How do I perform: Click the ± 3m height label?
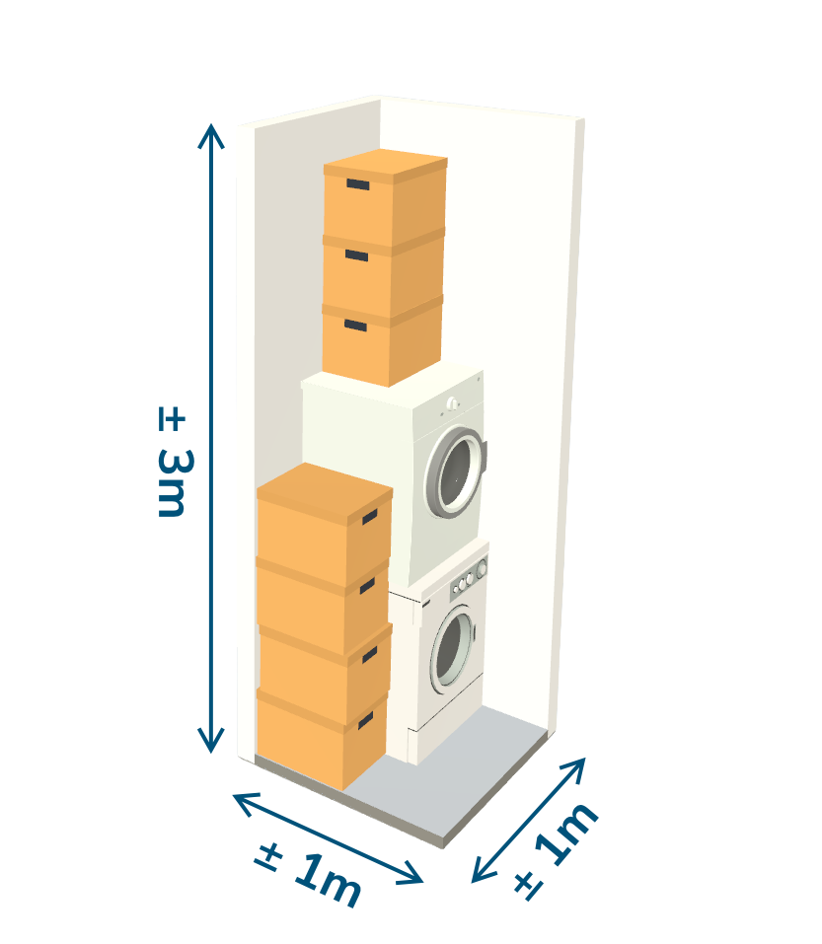tap(175, 462)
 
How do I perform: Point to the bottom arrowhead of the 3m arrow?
tap(211, 741)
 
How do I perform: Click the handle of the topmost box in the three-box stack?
tap(357, 184)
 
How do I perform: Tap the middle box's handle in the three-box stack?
tap(356, 255)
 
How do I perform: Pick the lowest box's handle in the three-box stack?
tap(355, 326)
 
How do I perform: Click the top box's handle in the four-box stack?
tap(370, 517)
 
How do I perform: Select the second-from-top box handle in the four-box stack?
tap(368, 586)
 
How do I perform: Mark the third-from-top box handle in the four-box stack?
tap(369, 655)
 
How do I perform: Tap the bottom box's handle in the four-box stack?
tap(365, 721)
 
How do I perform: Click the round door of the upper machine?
tap(455, 473)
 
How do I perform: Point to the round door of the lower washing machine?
tap(452, 646)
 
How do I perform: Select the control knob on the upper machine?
tap(452, 403)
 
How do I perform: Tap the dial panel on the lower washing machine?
tap(469, 577)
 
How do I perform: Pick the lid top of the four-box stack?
tap(325, 490)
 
